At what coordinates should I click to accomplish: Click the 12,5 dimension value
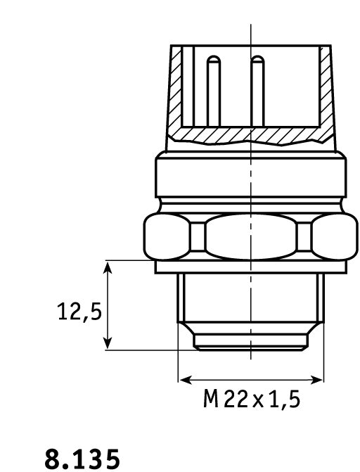79,312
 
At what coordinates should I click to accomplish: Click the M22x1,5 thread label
252,399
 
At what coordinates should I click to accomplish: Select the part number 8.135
82,459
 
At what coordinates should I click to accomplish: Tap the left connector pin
214,91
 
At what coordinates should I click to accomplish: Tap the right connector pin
257,91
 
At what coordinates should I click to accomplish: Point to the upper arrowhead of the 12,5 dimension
108,267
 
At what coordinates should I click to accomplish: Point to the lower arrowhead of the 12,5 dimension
108,343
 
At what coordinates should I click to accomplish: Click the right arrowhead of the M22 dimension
316,380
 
